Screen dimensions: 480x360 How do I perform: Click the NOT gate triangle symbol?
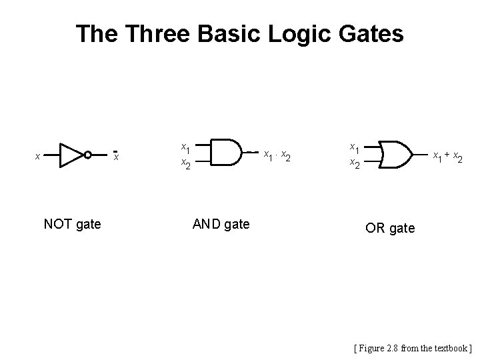69,155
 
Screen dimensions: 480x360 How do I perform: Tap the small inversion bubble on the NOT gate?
87,155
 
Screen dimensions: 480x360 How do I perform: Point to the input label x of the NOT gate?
37,157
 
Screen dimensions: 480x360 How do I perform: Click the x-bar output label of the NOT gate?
115,156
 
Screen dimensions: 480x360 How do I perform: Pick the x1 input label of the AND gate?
187,147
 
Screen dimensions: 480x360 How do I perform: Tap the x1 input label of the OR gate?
355,147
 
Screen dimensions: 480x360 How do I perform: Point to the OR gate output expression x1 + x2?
447,157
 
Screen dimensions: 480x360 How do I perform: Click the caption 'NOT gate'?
72,224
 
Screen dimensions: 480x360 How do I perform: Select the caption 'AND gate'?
221,224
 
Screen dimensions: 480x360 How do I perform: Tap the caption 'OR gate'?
390,229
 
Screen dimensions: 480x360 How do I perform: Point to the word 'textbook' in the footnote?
451,347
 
